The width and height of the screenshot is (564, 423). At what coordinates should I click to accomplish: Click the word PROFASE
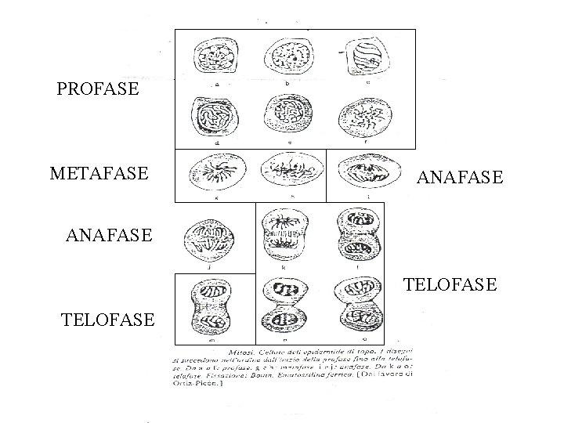[x=98, y=89]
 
